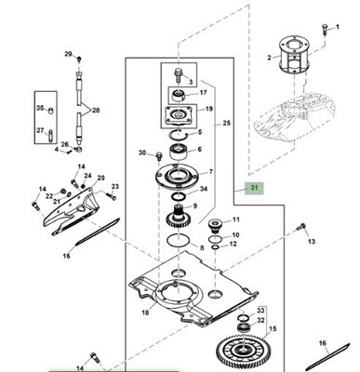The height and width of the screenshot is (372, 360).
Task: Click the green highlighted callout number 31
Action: (x=254, y=188)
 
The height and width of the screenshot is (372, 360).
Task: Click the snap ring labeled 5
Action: (x=178, y=134)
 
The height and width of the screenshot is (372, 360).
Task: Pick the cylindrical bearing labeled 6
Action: (x=178, y=152)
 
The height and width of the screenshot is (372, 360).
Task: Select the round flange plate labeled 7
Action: (x=178, y=177)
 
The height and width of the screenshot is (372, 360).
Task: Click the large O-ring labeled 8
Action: (x=178, y=240)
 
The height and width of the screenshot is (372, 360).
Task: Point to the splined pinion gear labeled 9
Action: (x=178, y=217)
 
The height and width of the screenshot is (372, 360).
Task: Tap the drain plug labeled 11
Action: (x=215, y=226)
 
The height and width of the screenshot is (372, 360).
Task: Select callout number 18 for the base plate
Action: (x=145, y=312)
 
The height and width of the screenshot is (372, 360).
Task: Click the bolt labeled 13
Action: (x=301, y=227)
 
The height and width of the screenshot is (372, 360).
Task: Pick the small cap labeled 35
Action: (x=50, y=110)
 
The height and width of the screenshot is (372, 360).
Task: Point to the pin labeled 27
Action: (x=50, y=136)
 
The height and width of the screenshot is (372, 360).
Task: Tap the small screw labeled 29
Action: (x=79, y=59)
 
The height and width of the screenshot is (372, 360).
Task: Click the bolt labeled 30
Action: (x=159, y=155)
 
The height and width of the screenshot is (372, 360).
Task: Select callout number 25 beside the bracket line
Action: (x=227, y=123)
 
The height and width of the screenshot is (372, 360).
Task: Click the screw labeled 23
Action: (x=111, y=196)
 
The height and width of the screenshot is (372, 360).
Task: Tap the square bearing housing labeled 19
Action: (x=178, y=115)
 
